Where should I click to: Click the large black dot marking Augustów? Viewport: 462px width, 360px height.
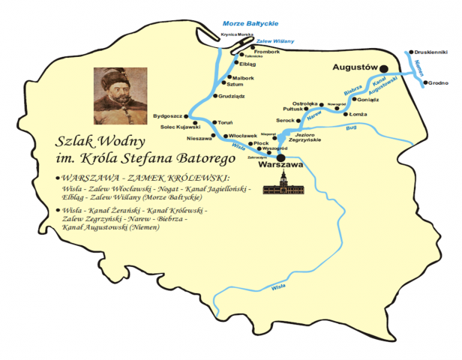(383, 65)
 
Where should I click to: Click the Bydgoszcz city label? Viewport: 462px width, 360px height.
(168, 116)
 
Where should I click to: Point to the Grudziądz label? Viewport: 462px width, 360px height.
(233, 96)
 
